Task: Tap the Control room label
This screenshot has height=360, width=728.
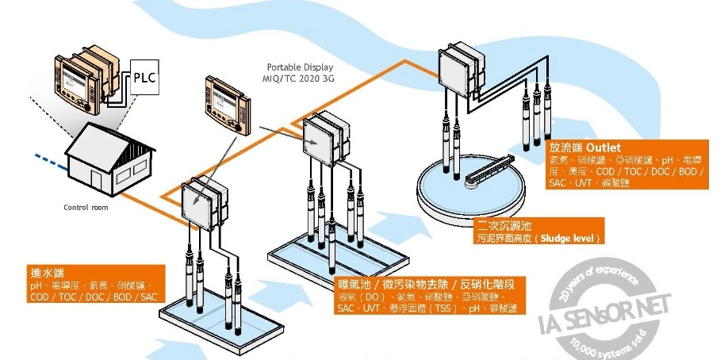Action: [x=85, y=208]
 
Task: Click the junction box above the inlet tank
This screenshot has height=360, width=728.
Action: [x=203, y=203]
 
